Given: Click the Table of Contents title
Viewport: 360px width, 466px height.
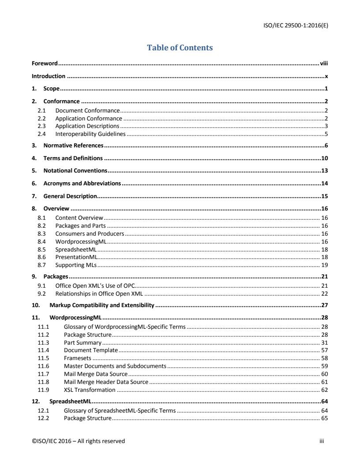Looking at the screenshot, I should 180,47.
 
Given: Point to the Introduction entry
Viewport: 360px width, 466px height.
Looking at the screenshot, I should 49,76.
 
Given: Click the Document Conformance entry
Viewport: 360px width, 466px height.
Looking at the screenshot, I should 87,110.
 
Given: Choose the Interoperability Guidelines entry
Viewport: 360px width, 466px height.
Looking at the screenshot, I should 90,134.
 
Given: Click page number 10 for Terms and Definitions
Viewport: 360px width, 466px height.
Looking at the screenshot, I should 324,158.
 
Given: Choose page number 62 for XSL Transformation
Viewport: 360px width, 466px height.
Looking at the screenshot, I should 324,390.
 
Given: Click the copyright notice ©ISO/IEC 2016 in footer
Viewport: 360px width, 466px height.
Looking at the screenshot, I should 78,441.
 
